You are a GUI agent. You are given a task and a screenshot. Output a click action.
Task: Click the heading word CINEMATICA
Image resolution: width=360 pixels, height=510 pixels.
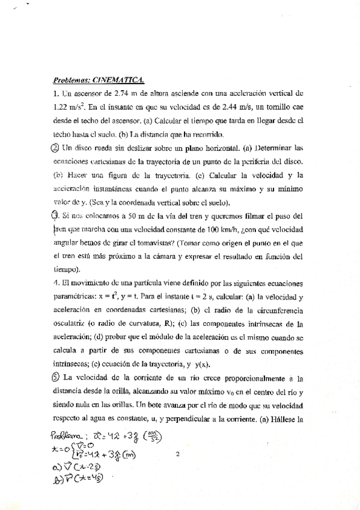tap(119, 79)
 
